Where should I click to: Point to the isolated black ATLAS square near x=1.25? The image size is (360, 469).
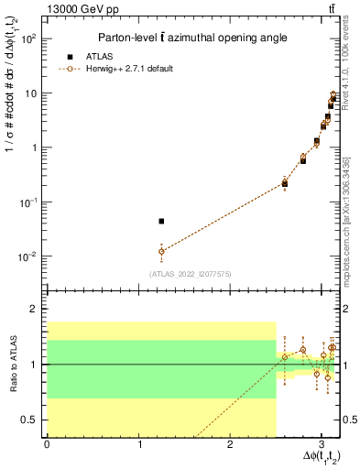click(x=161, y=221)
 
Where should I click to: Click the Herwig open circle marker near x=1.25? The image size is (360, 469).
click(x=161, y=251)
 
